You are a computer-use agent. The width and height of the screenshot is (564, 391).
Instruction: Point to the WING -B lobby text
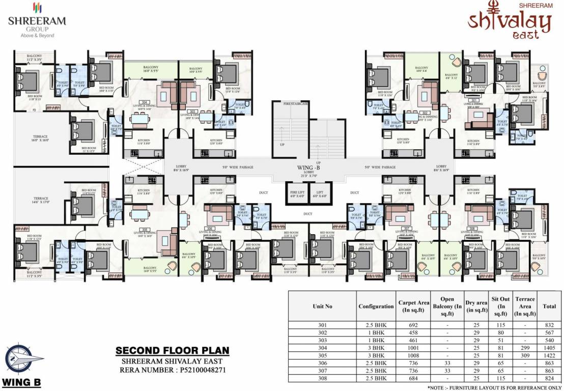(308, 166)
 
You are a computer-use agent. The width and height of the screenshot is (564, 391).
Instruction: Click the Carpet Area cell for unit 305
(412, 356)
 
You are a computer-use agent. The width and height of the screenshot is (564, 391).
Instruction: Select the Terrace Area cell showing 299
(525, 348)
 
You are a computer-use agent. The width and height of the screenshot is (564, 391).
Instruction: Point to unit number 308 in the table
(322, 379)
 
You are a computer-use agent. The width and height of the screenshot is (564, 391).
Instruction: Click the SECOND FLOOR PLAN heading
(173, 351)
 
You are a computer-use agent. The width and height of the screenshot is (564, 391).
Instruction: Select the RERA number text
(172, 370)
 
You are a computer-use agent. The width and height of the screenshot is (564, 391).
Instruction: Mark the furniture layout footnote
(494, 388)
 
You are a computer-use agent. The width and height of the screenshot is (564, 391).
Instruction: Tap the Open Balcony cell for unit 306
(447, 364)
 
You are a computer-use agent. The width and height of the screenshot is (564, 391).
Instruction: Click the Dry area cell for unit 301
(476, 325)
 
